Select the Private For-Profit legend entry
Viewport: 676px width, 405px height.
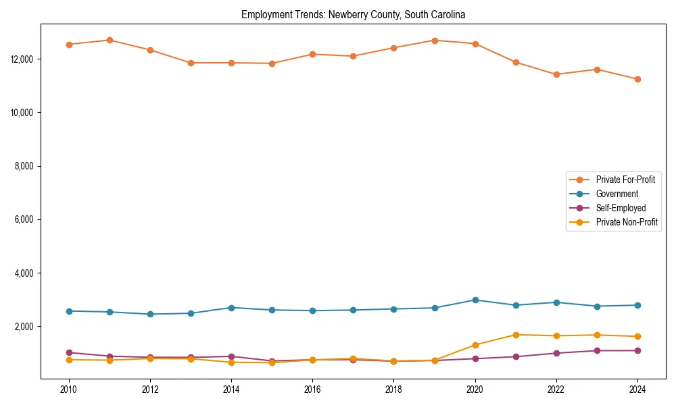pos(626,180)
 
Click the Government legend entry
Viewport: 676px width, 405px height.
pos(617,194)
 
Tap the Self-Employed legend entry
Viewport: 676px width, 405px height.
pos(621,208)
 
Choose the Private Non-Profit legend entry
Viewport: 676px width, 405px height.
pos(627,222)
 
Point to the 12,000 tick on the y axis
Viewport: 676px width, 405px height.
pos(23,59)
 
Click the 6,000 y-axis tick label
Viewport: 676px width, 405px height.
pos(25,219)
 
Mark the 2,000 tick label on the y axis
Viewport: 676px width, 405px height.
pos(25,327)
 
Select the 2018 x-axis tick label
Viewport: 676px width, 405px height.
pos(393,389)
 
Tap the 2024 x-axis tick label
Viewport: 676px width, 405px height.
pos(637,389)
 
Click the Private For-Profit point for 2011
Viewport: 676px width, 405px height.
pos(110,40)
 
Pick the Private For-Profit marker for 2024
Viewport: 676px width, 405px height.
pos(637,79)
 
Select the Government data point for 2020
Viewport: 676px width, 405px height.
pos(475,300)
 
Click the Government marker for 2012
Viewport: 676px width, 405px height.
pos(150,314)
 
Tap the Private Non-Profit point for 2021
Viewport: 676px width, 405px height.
pos(516,335)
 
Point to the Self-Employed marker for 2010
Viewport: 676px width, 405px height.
pos(69,352)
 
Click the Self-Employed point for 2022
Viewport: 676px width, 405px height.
pos(556,353)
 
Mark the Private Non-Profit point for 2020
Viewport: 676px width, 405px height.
pos(475,345)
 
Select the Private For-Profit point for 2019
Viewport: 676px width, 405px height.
pos(435,40)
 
